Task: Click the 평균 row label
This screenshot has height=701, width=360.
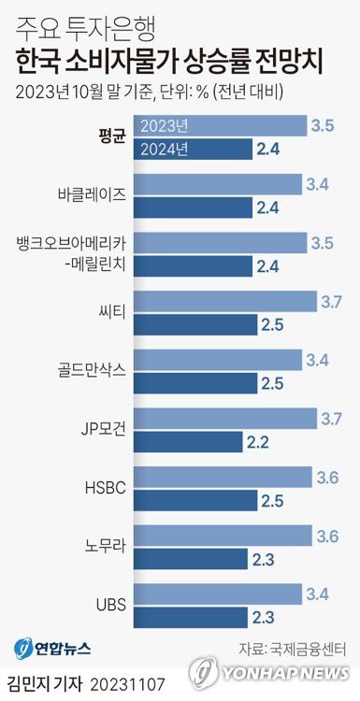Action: pos(111,136)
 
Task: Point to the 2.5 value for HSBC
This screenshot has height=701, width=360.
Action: pos(273,501)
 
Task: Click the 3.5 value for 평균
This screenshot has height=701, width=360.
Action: pos(323,124)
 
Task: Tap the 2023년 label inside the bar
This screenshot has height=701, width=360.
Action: pos(163,125)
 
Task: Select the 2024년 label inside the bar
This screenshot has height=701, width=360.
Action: pos(163,148)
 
